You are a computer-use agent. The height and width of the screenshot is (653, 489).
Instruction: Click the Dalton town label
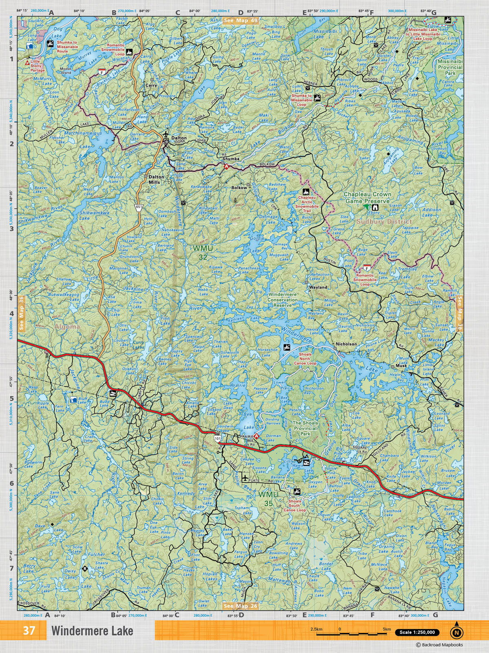pyautogui.click(x=179, y=138)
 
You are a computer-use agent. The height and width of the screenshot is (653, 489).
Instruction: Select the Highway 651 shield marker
pyautogui.click(x=139, y=207)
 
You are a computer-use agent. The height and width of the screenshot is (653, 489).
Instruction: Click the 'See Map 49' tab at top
pyautogui.click(x=240, y=20)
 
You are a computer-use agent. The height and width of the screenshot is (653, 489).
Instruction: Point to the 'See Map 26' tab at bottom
pyautogui.click(x=240, y=606)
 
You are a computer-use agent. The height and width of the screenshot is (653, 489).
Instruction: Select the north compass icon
pyautogui.click(x=456, y=632)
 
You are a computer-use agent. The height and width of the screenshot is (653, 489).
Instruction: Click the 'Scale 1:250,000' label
pyautogui.click(x=417, y=633)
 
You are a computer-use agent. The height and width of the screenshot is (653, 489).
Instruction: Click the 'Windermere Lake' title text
pyautogui.click(x=92, y=631)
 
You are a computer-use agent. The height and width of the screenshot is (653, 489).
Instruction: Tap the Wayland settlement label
pyautogui.click(x=318, y=287)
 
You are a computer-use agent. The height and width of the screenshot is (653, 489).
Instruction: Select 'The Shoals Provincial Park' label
pyautogui.click(x=305, y=429)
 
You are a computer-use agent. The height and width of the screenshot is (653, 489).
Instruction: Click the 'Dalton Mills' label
pyautogui.click(x=156, y=180)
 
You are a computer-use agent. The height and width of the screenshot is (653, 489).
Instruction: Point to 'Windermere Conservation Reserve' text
pyautogui.click(x=282, y=300)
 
